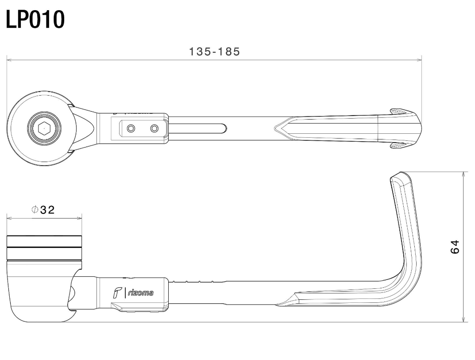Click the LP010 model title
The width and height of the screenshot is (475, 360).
point(35,19)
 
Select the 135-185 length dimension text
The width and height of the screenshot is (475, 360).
point(214,51)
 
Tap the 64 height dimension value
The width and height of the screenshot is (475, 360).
point(455,247)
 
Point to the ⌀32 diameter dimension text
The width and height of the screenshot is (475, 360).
point(43,210)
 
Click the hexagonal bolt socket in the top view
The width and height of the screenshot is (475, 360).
point(44,128)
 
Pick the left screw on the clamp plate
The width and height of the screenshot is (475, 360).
point(131,128)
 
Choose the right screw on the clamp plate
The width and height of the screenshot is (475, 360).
point(154,128)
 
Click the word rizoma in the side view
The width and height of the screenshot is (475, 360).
point(141,293)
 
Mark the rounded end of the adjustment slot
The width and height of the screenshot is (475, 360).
point(224,128)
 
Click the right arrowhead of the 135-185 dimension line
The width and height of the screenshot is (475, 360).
point(420,60)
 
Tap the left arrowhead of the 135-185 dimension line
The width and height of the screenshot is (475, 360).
point(9,60)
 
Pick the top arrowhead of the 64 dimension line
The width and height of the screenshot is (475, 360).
point(463,174)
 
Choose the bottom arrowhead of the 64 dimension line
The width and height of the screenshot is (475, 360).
point(463,319)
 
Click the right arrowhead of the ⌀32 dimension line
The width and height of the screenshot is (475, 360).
point(80,217)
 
